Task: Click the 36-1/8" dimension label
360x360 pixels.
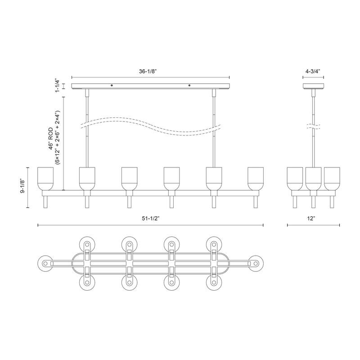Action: pos(151,71)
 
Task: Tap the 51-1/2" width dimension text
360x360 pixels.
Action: pos(150,218)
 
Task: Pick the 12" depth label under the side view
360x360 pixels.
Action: pos(314,218)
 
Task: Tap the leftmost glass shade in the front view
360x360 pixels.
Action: pos(45,178)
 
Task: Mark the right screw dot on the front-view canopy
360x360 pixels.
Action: pos(189,85)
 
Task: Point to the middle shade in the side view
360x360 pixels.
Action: pos(314,178)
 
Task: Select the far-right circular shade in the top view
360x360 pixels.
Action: pos(256,262)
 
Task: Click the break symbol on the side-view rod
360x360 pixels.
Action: pos(314,126)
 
